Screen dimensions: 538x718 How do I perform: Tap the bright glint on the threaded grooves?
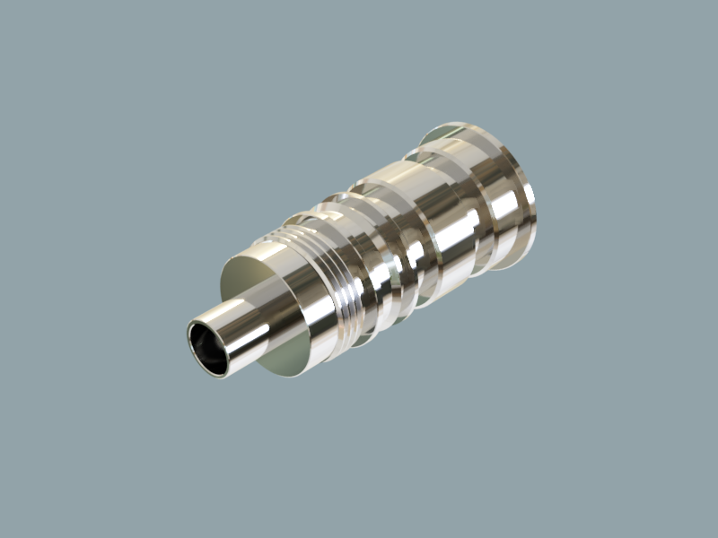[346, 300]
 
